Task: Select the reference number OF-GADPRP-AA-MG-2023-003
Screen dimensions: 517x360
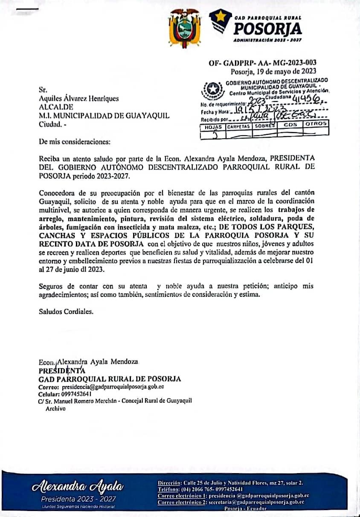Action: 262,63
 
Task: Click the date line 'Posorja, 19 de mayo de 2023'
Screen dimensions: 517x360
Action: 273,71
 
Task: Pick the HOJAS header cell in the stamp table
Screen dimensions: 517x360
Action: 213,127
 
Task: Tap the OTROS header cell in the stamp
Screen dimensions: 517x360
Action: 316,124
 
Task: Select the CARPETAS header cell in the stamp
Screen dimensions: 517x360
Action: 239,127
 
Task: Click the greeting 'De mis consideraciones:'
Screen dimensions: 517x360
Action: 68,141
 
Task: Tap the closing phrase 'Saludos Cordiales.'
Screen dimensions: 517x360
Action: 66,311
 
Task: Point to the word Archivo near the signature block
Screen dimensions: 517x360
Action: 55,408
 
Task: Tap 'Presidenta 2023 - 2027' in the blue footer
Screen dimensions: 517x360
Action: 78,499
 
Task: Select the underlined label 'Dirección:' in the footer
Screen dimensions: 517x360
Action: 169,483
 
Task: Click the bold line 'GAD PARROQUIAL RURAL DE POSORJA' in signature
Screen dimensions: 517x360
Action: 110,379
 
